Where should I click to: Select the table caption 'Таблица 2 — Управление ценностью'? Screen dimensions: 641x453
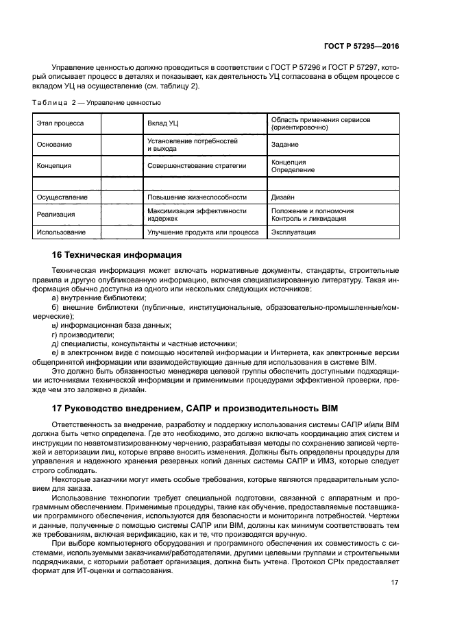click(97, 103)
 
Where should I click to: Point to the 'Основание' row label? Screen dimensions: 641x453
click(55, 145)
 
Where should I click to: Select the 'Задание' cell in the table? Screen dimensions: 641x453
click(284, 145)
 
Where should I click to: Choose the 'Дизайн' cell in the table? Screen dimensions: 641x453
click(283, 197)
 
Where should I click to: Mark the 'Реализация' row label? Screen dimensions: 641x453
click(56, 215)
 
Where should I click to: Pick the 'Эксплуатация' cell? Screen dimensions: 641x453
click(293, 232)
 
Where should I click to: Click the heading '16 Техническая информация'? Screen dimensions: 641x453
click(117, 255)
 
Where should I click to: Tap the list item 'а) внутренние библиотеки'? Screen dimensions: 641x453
click(95, 298)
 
